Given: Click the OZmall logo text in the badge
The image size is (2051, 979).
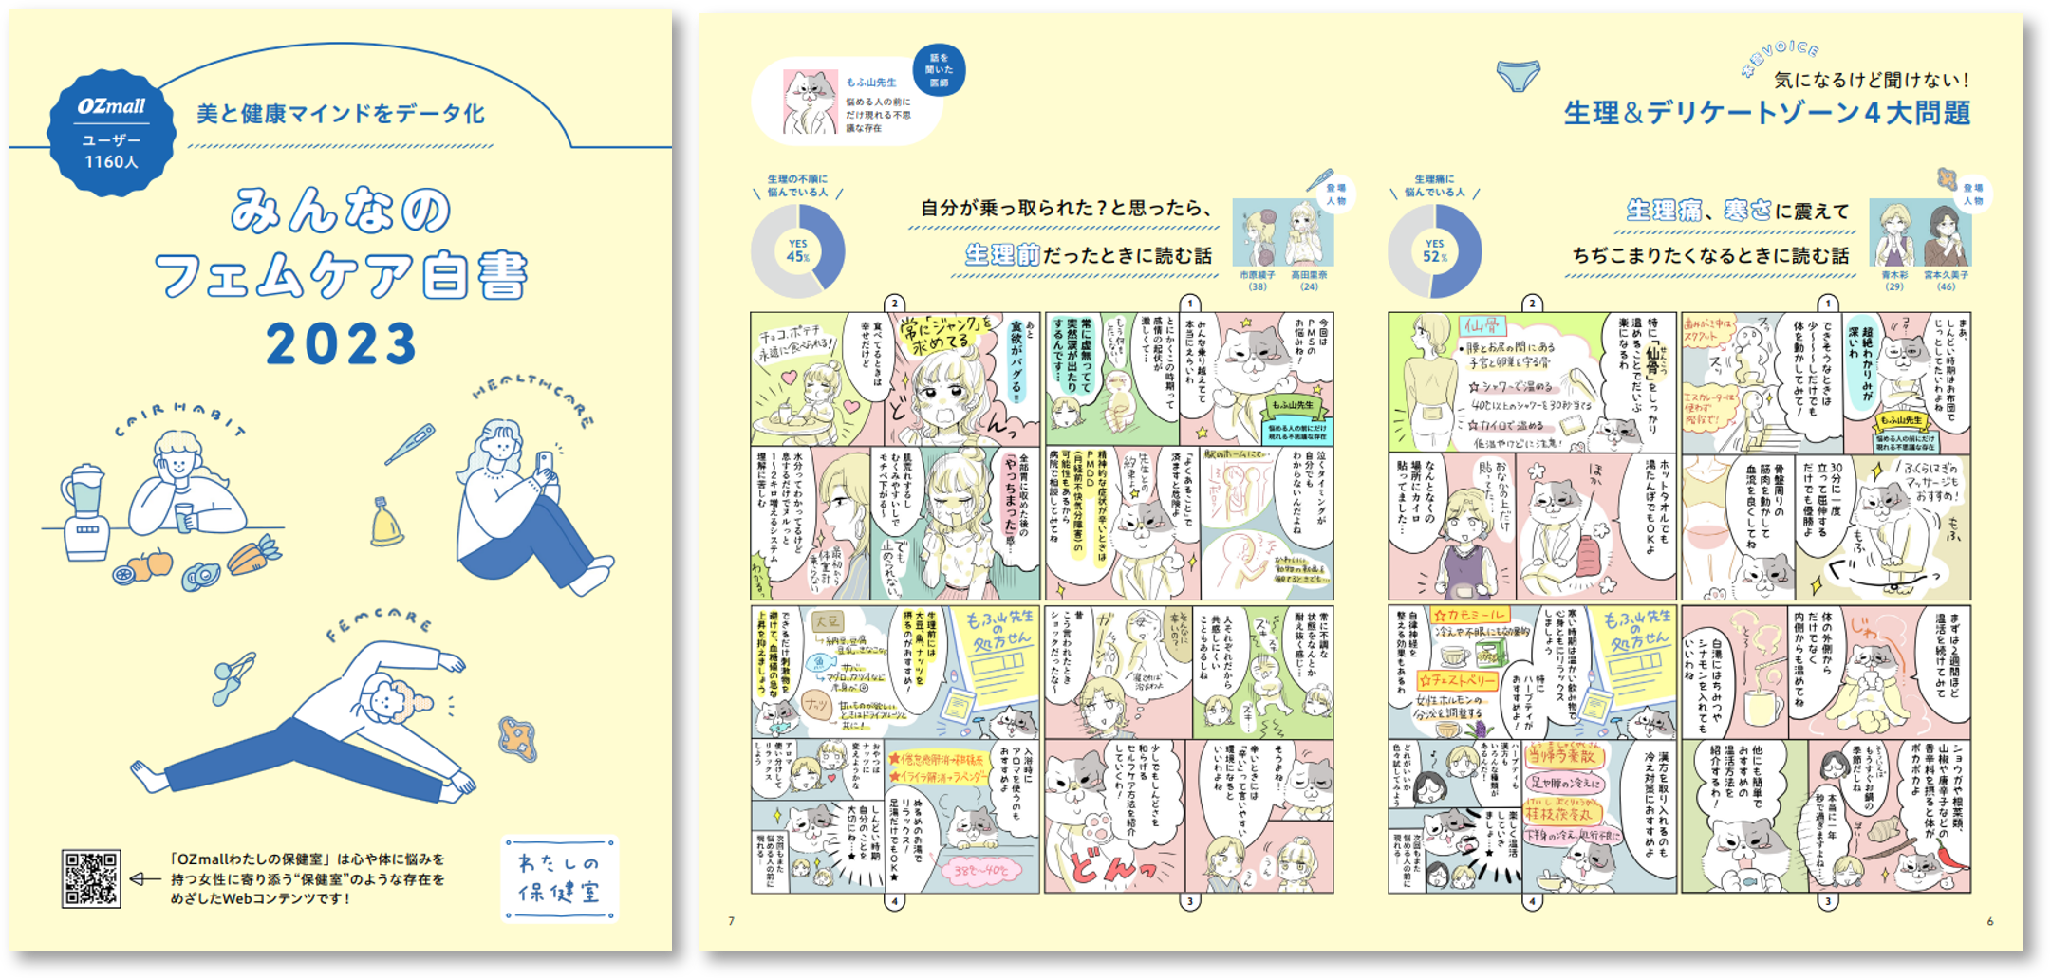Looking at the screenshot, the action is click(x=112, y=106).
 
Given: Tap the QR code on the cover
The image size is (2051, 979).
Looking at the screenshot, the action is click(x=91, y=878).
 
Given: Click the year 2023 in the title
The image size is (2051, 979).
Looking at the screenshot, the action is click(x=341, y=343).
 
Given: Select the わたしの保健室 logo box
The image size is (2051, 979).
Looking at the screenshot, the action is click(x=559, y=878).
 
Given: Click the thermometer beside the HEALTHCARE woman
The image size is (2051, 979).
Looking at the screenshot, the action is click(x=410, y=444).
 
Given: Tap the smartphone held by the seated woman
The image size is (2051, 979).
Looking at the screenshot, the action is click(x=545, y=466).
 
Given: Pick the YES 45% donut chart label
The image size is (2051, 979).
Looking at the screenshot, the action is click(x=798, y=251).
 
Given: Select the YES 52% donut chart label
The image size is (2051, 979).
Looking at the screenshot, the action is click(x=1434, y=251).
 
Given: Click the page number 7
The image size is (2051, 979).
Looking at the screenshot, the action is click(x=731, y=921).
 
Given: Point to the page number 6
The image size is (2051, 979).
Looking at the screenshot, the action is click(x=1989, y=921).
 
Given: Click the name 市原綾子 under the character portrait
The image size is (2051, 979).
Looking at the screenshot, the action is click(x=1258, y=275).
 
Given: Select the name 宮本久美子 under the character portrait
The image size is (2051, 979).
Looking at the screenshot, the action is click(x=1946, y=275).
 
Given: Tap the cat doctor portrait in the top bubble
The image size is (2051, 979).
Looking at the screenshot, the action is click(x=810, y=101).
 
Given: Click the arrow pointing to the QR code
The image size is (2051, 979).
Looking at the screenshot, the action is click(x=144, y=878).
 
